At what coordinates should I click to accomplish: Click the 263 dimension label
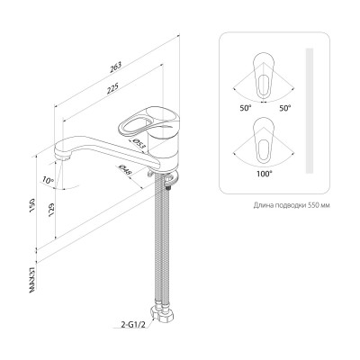116,67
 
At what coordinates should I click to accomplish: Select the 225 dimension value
112,88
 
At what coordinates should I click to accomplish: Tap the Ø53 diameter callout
139,144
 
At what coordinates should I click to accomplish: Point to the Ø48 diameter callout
125,170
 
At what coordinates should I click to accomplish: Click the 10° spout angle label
48,180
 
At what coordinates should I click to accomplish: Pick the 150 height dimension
32,204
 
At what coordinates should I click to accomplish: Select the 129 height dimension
51,209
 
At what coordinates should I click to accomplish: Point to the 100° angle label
265,174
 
